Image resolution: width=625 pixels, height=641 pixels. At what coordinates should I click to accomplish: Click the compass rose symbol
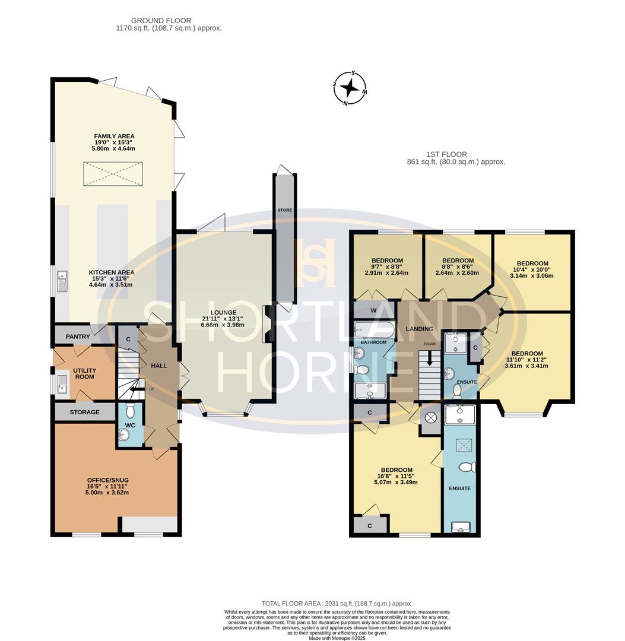tap(350, 88)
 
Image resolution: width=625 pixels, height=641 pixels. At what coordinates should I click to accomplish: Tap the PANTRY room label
tap(78, 337)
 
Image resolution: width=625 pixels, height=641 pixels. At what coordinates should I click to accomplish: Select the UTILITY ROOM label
tap(84, 374)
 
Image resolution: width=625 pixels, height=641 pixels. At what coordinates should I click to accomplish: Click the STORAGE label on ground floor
tap(84, 412)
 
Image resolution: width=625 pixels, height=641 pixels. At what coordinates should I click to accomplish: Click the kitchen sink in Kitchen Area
tap(62, 282)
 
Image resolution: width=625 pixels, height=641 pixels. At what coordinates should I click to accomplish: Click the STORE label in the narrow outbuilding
tap(284, 210)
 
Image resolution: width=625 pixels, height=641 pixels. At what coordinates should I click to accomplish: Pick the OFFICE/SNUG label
tap(108, 480)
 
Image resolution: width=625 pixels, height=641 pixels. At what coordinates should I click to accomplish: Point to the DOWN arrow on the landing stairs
tap(430, 359)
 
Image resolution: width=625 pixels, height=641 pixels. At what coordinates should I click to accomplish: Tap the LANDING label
tap(419, 329)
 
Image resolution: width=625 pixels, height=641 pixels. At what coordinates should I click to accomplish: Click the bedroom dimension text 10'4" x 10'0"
tap(532, 271)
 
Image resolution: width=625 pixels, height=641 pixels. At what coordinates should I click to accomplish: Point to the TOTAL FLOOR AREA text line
tap(337, 604)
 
